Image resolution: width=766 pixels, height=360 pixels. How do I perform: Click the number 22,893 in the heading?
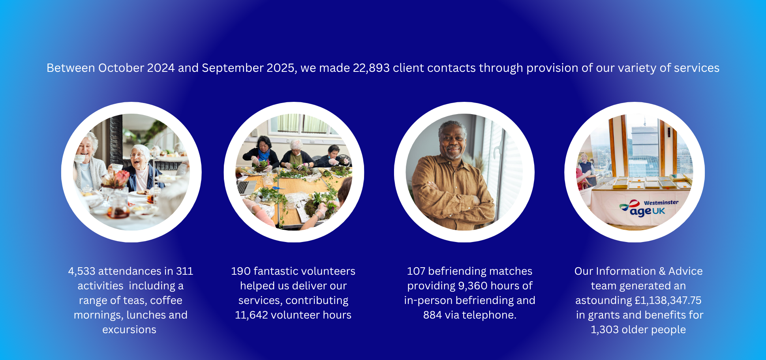click(x=371, y=68)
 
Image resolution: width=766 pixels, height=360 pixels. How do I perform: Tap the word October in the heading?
click(x=121, y=68)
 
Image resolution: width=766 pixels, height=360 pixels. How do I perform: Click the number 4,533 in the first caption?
click(x=82, y=271)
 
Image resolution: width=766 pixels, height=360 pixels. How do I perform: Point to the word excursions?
click(x=130, y=330)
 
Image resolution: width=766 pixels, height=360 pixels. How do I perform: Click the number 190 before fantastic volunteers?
click(x=241, y=271)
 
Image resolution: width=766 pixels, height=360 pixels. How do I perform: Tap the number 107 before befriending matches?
click(x=416, y=271)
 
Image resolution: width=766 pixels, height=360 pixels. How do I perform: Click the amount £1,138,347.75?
click(x=668, y=300)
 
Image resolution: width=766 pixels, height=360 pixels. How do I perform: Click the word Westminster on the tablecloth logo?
click(x=661, y=203)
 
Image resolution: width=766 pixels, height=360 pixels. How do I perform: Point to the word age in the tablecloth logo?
click(x=640, y=212)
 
